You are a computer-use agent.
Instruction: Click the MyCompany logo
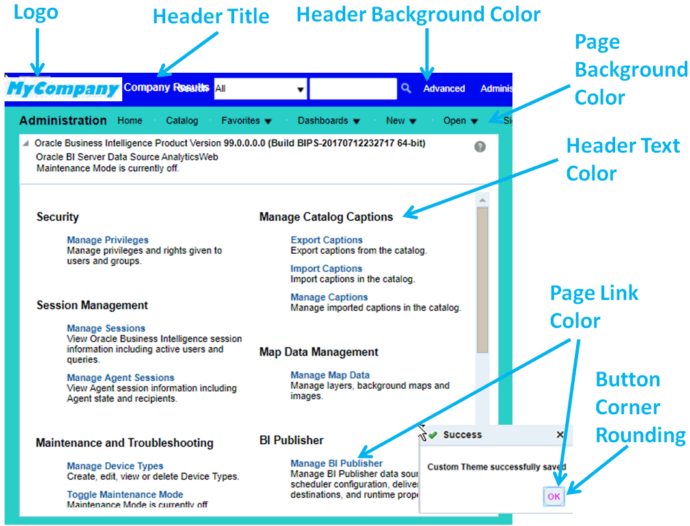(x=63, y=89)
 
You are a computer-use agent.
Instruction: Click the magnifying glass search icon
(x=406, y=88)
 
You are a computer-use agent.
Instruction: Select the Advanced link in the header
(x=444, y=88)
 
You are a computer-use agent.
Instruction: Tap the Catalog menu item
(x=182, y=120)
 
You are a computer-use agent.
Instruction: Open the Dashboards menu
(x=328, y=120)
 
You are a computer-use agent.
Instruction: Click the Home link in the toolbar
(x=129, y=120)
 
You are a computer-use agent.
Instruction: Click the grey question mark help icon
(x=480, y=147)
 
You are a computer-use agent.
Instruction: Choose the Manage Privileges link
(x=107, y=240)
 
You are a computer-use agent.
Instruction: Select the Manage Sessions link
(x=106, y=329)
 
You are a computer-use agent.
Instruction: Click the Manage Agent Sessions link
(x=120, y=378)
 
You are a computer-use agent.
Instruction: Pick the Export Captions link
(x=326, y=240)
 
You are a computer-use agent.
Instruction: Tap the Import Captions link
(x=326, y=269)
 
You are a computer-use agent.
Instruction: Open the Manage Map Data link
(x=330, y=375)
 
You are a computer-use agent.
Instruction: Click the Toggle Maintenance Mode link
(x=125, y=495)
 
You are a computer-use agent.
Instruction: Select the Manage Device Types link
(x=115, y=466)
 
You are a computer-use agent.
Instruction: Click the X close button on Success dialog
(x=560, y=434)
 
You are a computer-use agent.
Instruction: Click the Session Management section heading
(x=92, y=305)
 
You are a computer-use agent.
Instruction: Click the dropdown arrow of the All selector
(x=300, y=90)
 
